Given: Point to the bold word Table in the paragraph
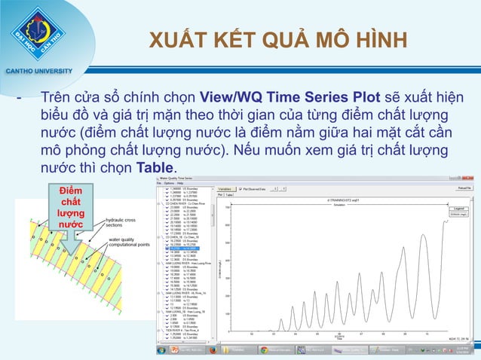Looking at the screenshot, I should click(155, 166).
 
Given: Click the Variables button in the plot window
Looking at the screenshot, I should click(225, 189).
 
